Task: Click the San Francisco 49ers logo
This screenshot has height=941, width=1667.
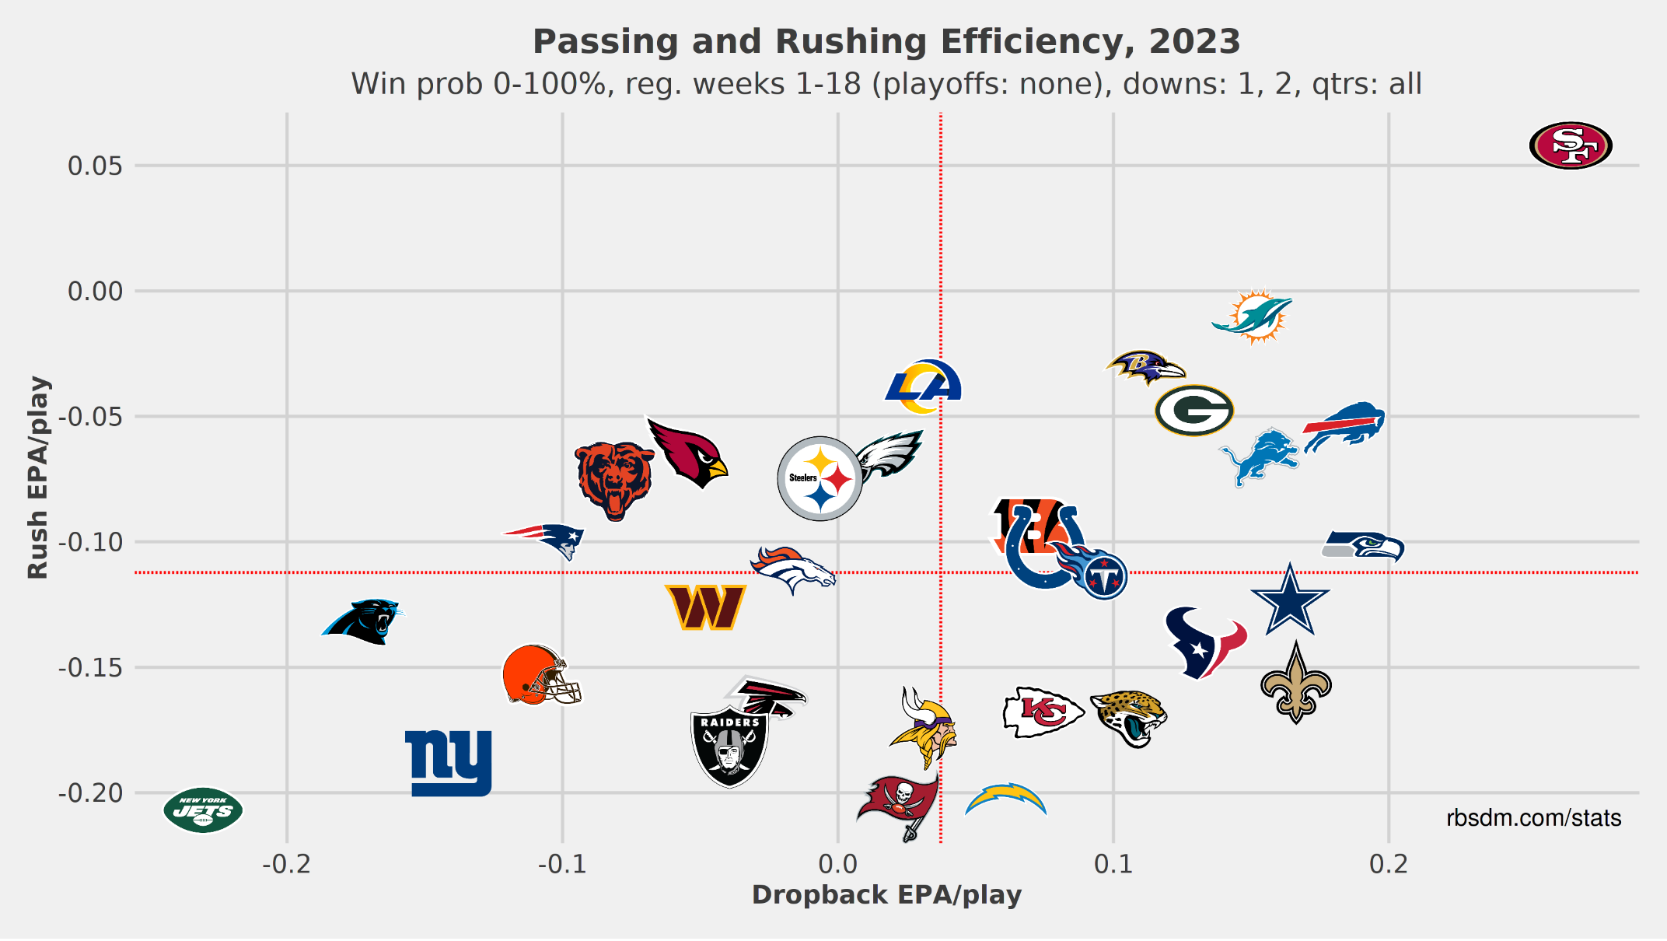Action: [1571, 145]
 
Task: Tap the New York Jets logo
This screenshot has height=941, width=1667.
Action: [203, 810]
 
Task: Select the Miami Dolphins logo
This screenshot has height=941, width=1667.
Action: [1253, 317]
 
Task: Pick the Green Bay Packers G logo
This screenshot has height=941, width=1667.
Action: [1194, 411]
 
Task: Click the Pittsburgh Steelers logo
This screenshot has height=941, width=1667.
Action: [820, 478]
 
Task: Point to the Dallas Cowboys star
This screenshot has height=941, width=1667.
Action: [1290, 600]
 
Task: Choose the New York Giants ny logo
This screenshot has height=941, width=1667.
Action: [449, 763]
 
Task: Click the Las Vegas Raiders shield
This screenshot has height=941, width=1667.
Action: [729, 747]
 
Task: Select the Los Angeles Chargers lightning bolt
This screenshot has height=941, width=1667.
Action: [1006, 799]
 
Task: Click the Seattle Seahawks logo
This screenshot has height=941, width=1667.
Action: [1363, 546]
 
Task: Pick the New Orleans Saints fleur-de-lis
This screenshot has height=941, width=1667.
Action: [1295, 683]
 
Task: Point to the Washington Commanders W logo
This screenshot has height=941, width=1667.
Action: [705, 607]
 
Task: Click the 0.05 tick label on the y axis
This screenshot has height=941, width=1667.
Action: [95, 166]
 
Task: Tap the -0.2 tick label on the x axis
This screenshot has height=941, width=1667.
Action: [286, 864]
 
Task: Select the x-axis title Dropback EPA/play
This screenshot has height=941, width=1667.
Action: [886, 895]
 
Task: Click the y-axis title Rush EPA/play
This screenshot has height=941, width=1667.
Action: [37, 477]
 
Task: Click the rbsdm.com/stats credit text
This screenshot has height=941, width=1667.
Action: [1533, 818]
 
